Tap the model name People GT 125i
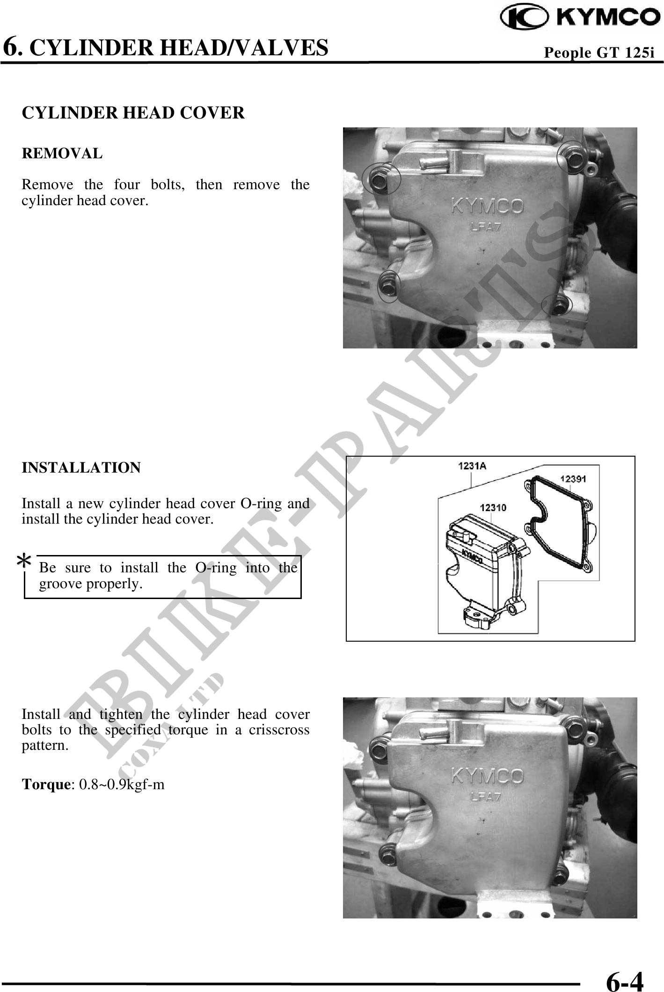coord(599,53)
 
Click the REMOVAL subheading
coord(62,154)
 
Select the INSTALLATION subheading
coord(81,467)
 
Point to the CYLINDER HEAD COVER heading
coord(133,113)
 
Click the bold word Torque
coord(45,785)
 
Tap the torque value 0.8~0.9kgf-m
coord(122,785)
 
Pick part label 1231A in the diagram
coord(472,466)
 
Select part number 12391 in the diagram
coord(573,478)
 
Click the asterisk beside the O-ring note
coord(24,561)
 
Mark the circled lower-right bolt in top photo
coord(557,304)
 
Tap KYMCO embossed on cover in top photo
coord(487,206)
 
